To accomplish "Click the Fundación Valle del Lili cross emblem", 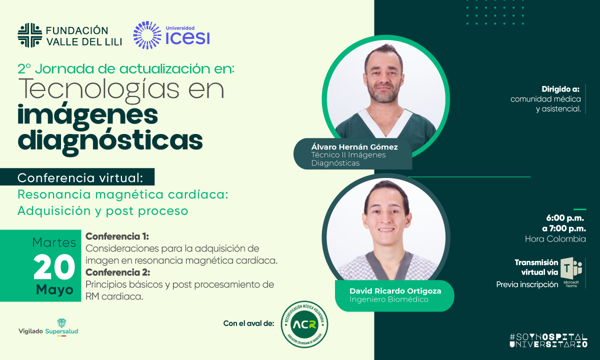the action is click(x=29, y=35).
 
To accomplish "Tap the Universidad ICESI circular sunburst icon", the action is click(x=147, y=35).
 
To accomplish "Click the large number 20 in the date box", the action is click(x=54, y=267).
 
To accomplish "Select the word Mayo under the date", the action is click(x=54, y=289).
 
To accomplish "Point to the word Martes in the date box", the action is click(x=54, y=242).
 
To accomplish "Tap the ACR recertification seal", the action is click(x=304, y=324).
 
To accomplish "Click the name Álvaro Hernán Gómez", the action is click(x=354, y=147).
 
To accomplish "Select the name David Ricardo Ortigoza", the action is click(x=395, y=291).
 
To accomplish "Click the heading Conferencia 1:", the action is click(x=117, y=236).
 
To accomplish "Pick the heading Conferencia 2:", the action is click(x=118, y=272).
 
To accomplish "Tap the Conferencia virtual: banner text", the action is click(x=80, y=178).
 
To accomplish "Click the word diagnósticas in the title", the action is click(x=110, y=141).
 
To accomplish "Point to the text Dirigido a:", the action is click(x=560, y=89).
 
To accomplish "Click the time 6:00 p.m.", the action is click(x=565, y=218).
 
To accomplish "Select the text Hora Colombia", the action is click(x=555, y=238).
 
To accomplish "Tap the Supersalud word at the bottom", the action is click(x=61, y=331).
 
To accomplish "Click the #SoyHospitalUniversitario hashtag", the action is click(x=548, y=340).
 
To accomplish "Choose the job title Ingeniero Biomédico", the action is click(x=389, y=299).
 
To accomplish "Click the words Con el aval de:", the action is click(x=249, y=323).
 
